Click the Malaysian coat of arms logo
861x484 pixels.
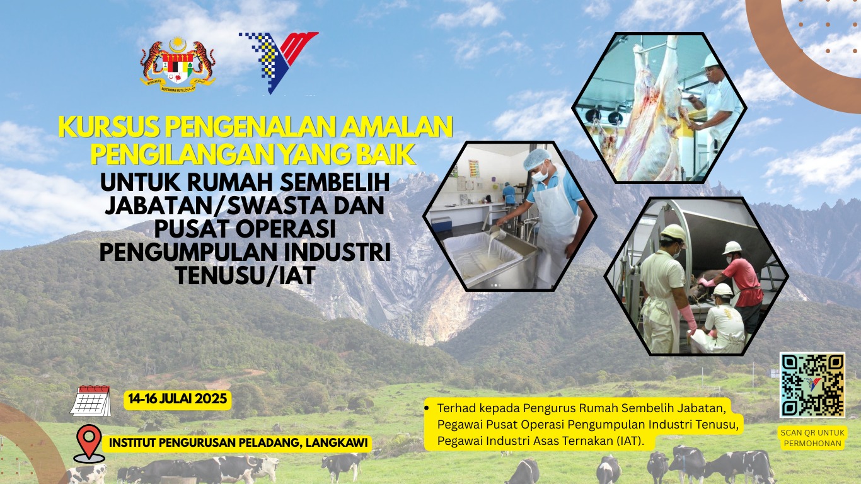[x=178, y=64]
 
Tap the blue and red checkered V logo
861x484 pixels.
[x=279, y=62]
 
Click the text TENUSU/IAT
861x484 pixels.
[x=246, y=275]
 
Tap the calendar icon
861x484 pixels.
[x=91, y=401]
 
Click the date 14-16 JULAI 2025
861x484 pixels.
[x=178, y=399]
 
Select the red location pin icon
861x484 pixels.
[x=89, y=443]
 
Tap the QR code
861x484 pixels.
[x=812, y=385]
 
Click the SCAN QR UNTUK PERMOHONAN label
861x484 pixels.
[x=812, y=438]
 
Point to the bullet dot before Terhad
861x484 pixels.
[x=427, y=408]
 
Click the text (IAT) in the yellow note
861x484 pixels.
[x=630, y=441]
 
